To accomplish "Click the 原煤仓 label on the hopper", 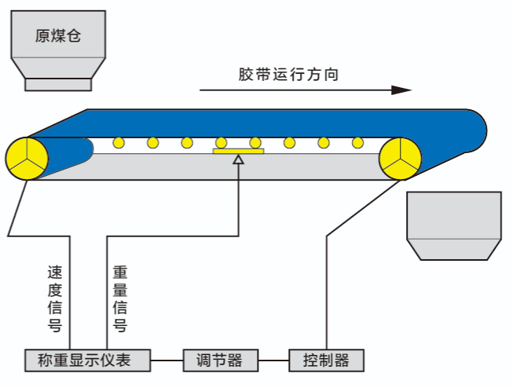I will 58,35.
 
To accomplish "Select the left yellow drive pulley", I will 27,159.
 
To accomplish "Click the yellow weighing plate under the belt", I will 239,150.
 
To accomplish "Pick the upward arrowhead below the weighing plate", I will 239,159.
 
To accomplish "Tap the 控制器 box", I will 326,361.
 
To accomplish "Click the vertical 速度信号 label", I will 54,298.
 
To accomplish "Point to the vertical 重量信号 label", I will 120,298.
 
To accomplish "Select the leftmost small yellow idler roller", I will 119,143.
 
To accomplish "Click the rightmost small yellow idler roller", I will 358,143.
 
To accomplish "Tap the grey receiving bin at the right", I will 453,225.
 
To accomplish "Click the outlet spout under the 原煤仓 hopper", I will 58,84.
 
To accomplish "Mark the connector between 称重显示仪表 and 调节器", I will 168,361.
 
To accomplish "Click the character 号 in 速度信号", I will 54,324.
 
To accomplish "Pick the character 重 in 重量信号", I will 120,273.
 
